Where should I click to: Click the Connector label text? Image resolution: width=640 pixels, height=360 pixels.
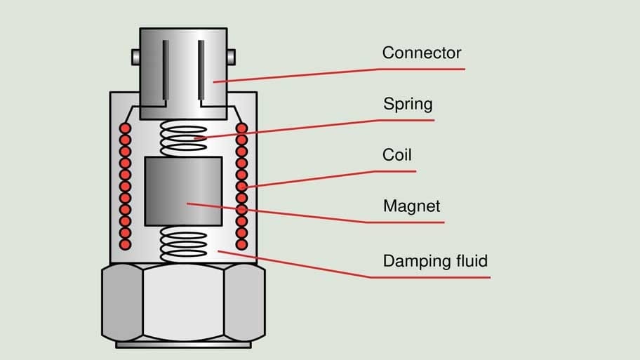pos(421,53)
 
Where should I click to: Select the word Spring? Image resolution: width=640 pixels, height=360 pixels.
pos(408,105)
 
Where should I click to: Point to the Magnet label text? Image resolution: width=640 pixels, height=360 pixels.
pos(411,207)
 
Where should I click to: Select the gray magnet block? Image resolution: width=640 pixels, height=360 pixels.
pos(183,191)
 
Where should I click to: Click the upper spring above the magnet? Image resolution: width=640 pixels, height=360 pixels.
pos(184,138)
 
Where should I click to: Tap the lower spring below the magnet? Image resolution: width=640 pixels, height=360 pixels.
pos(184,243)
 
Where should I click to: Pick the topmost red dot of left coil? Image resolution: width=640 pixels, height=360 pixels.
pos(126,129)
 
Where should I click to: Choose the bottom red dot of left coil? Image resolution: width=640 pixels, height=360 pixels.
pos(126,244)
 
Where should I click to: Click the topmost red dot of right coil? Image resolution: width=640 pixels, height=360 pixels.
pos(241,129)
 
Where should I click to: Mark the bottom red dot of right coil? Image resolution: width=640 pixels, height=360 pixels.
pos(241,244)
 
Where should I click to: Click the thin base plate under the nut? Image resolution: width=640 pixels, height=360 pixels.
pos(183,345)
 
